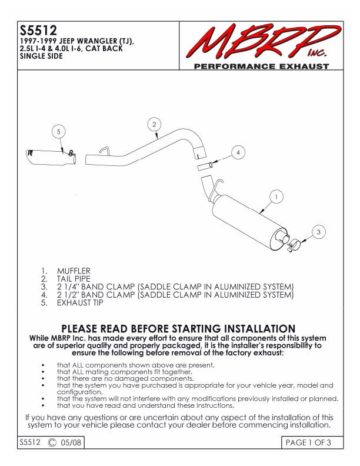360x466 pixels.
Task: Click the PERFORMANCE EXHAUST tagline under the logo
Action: pyautogui.click(x=262, y=66)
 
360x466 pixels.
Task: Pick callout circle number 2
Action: pyautogui.click(x=154, y=124)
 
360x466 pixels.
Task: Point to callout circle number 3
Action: pyautogui.click(x=318, y=232)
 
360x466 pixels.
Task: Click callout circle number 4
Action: pyautogui.click(x=238, y=152)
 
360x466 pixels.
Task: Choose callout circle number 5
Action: pyautogui.click(x=59, y=132)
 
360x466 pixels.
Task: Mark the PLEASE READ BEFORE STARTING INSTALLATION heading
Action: pyautogui.click(x=178, y=328)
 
